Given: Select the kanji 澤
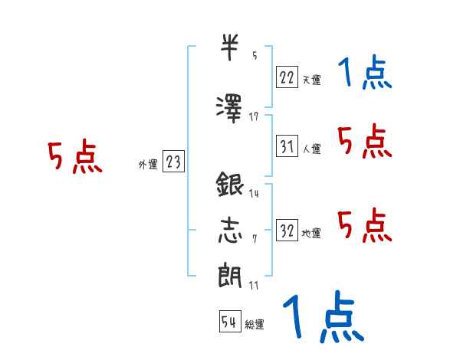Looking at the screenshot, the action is [230, 106].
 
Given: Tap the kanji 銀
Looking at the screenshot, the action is [230, 186].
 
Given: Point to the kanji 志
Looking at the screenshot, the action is [229, 231].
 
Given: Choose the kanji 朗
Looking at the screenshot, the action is [229, 275].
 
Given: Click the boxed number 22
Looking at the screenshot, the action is [287, 77].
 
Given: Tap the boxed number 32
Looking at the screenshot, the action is [287, 231].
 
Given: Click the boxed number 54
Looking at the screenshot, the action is [229, 322].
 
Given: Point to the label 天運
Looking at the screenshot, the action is [311, 79].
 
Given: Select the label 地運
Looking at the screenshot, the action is [311, 233].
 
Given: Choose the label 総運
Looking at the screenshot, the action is [255, 325].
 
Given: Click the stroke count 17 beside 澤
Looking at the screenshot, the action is [254, 116].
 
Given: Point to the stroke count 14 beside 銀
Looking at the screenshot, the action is [254, 194].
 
